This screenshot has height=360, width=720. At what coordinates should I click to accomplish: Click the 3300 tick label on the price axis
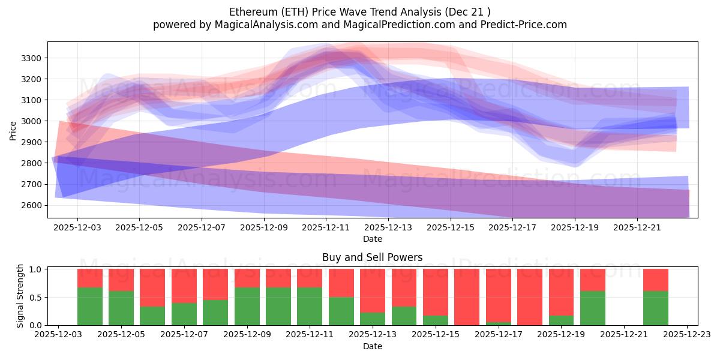click(x=31, y=58)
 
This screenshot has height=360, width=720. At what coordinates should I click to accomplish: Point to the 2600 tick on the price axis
click(x=31, y=205)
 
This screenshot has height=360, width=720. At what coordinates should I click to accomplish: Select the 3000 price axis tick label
click(x=31, y=121)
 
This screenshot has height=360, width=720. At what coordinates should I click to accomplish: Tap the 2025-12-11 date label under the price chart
click(x=326, y=228)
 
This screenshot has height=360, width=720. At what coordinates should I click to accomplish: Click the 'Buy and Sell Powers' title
click(x=372, y=257)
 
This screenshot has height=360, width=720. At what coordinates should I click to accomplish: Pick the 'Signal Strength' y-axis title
click(x=20, y=296)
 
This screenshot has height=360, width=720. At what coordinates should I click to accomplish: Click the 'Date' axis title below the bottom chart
click(x=372, y=346)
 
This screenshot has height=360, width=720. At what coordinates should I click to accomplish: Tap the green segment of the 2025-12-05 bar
click(x=121, y=308)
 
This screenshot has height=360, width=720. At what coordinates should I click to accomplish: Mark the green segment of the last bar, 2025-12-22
click(x=655, y=308)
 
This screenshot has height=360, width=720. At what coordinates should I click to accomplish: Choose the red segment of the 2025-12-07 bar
click(x=184, y=286)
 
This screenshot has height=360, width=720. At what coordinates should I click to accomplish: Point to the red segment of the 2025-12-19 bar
click(x=561, y=292)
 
